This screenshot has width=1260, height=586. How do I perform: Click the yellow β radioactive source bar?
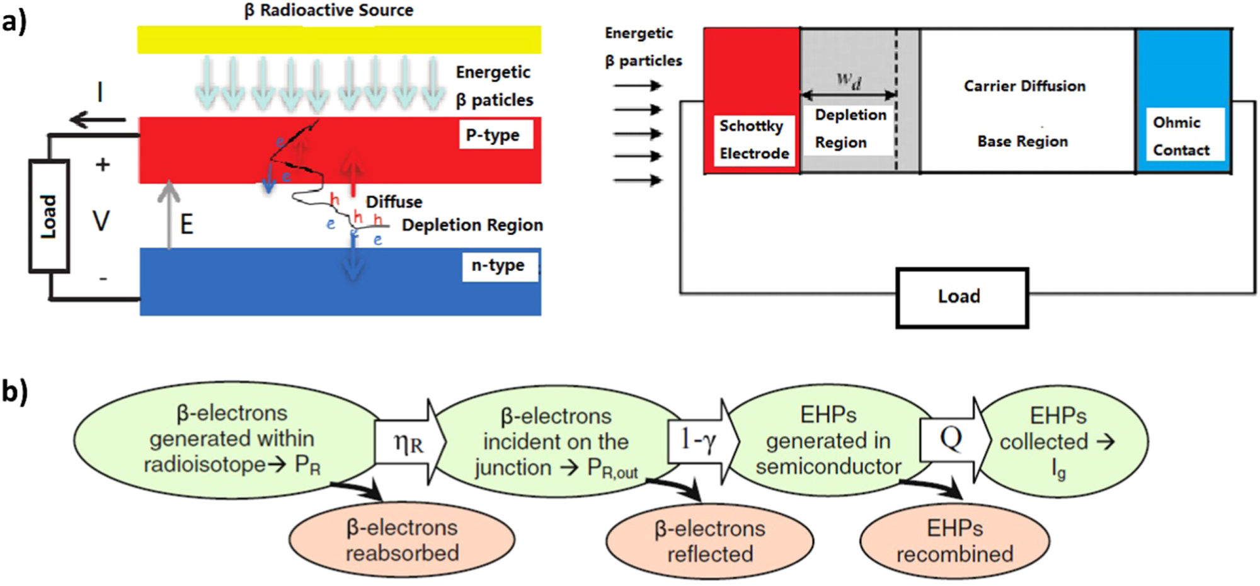(x=339, y=39)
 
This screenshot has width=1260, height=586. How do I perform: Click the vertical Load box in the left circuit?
(x=49, y=216)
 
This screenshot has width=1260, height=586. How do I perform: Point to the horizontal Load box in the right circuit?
(x=961, y=297)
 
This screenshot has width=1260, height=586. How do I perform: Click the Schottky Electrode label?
(x=753, y=139)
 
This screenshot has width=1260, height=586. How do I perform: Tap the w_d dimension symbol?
(x=849, y=80)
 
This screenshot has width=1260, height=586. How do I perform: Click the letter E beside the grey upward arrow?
(x=186, y=224)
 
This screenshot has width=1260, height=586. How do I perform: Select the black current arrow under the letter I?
(x=97, y=119)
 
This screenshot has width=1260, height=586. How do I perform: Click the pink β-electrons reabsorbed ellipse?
(x=402, y=540)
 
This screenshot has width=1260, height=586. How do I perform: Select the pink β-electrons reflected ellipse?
(x=709, y=541)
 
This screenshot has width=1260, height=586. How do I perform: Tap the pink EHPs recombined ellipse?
(x=954, y=541)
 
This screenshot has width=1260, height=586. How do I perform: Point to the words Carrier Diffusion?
(x=1024, y=86)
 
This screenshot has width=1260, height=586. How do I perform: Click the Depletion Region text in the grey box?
(x=849, y=129)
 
